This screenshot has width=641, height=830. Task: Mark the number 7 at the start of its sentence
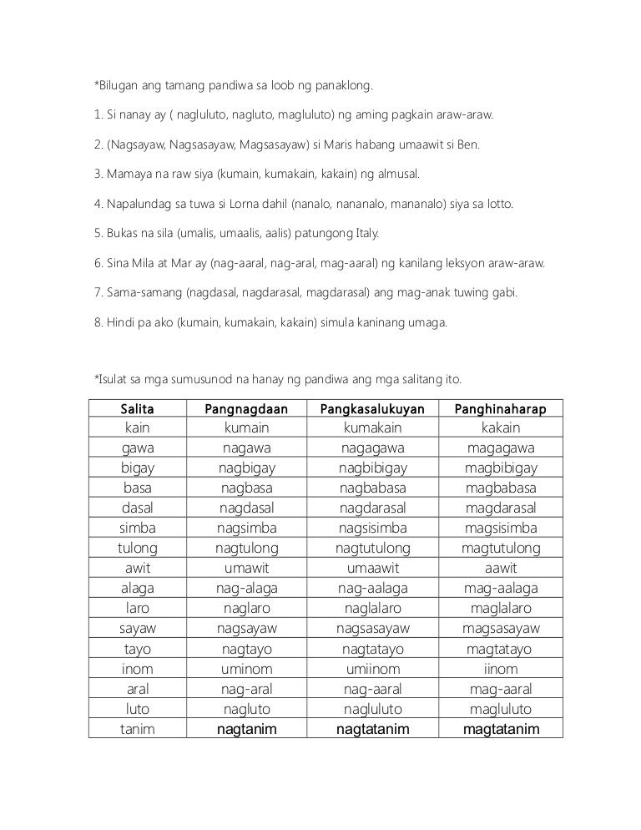click(x=97, y=293)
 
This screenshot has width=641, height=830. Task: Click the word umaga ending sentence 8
click(x=427, y=322)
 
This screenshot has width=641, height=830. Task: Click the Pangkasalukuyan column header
click(x=372, y=408)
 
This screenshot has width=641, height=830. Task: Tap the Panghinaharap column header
click(x=501, y=408)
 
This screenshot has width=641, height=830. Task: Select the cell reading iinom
click(x=501, y=669)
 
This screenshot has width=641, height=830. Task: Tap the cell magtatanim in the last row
click(x=501, y=729)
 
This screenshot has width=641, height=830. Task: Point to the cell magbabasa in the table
click(x=501, y=488)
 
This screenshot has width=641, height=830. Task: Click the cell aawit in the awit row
click(x=501, y=568)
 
